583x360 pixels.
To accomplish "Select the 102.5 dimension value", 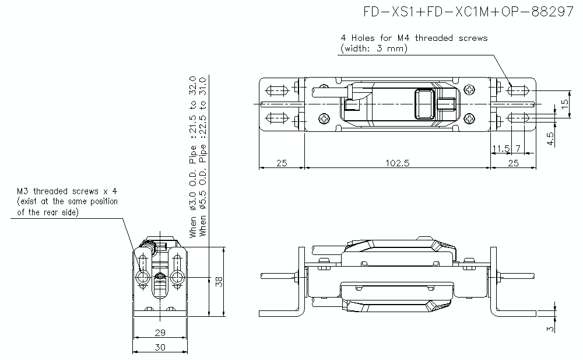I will click(x=398, y=163).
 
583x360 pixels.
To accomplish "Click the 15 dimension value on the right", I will click(x=564, y=104).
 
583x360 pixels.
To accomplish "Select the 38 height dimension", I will click(x=218, y=281).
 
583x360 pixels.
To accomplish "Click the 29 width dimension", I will click(x=160, y=333).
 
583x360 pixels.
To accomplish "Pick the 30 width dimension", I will click(x=160, y=347).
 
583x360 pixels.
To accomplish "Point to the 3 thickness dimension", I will click(x=550, y=328).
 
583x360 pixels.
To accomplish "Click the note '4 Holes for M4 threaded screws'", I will click(x=414, y=38).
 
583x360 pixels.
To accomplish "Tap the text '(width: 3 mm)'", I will click(x=374, y=49).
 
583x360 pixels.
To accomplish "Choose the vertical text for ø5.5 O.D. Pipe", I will click(x=203, y=156).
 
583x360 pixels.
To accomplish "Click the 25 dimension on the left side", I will click(x=282, y=163).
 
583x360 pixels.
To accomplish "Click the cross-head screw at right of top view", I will click(x=470, y=90).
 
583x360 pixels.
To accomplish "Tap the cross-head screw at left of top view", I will click(x=324, y=118).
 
